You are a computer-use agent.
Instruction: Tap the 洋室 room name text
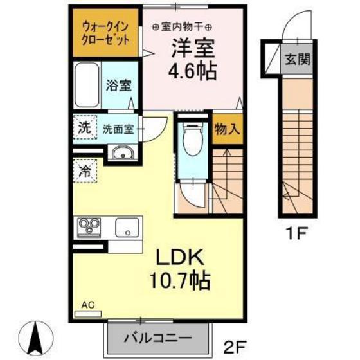click(192, 48)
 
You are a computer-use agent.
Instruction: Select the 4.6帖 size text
click(192, 69)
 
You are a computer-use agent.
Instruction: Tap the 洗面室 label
click(118, 128)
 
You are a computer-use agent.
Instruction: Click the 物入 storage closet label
click(227, 129)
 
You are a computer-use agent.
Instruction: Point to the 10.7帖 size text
click(177, 282)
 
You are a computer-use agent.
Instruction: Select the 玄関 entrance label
click(298, 60)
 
